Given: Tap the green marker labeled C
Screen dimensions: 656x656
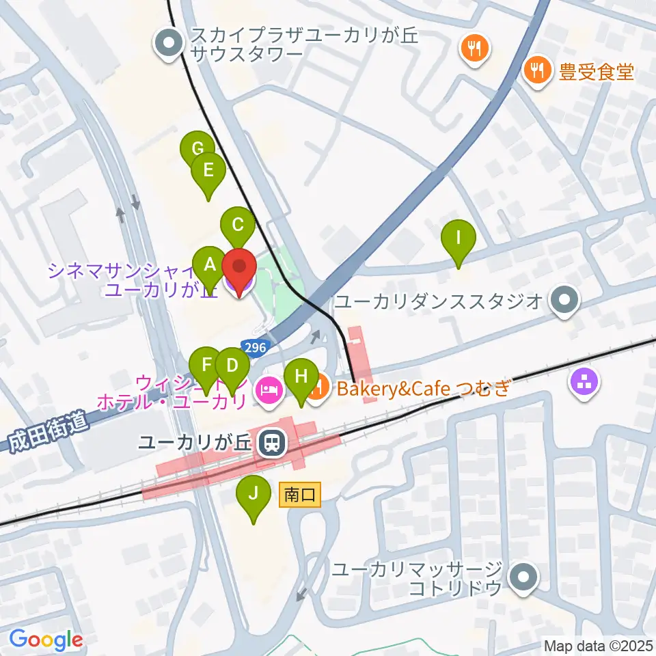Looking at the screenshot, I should tap(238, 224).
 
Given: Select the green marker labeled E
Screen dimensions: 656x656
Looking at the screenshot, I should tap(208, 170).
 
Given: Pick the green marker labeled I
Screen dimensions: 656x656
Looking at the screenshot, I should tap(459, 238).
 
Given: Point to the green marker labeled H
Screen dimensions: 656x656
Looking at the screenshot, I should tap(301, 376).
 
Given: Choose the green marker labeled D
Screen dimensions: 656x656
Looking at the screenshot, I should tap(232, 365).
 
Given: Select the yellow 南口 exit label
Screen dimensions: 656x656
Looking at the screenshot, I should tap(299, 495).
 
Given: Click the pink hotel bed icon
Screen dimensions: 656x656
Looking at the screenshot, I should tap(266, 390).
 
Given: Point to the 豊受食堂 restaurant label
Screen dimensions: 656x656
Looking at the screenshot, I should tap(596, 70).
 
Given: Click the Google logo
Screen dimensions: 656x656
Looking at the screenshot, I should tap(46, 640).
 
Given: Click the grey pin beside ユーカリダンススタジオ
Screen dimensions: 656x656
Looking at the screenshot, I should tap(564, 299).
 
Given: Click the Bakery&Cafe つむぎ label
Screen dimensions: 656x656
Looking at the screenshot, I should tap(420, 389).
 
